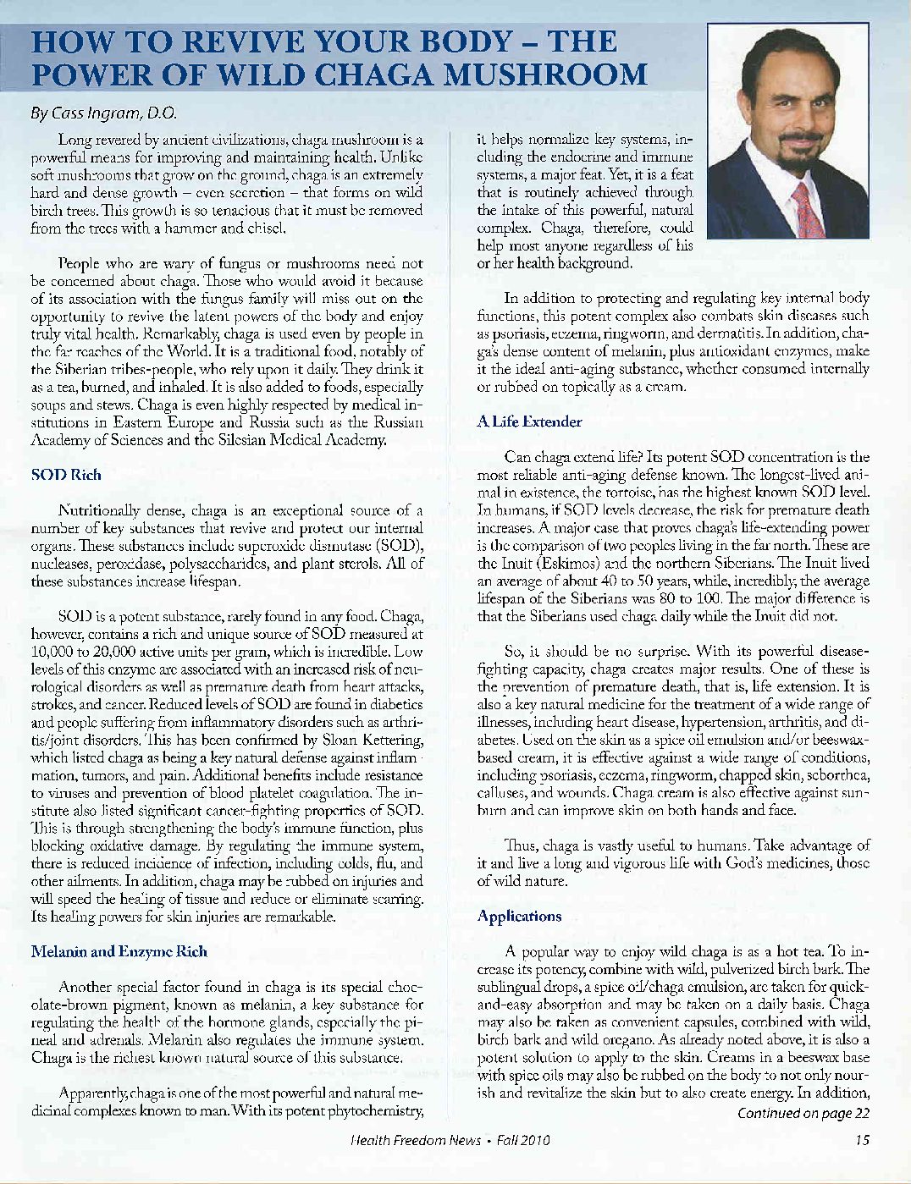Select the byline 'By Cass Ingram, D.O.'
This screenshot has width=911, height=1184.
click(102, 113)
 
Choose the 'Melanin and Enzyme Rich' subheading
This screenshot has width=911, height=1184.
click(119, 951)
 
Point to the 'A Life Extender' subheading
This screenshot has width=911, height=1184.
click(529, 421)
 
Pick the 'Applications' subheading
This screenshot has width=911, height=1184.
click(519, 916)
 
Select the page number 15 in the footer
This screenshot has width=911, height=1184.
click(862, 1140)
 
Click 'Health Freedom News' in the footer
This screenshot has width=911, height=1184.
click(416, 1140)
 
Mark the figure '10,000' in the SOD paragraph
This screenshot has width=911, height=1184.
click(56, 652)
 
